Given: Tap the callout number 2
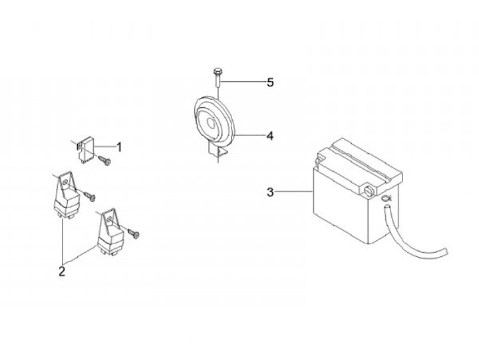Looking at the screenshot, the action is coord(62,271).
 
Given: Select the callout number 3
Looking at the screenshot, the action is coord(269,193).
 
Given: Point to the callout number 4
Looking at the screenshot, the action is coord(269,136).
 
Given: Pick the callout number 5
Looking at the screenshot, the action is coord(269,83).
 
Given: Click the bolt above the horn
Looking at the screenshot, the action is coord(218,81).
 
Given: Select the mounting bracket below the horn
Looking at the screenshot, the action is coord(218,152).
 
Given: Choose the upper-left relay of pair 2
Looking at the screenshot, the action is coord(65,196).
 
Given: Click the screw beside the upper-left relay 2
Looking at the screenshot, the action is coord(90,194).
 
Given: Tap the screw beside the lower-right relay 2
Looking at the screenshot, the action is coord(136,233).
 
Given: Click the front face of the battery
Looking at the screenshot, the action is coord(343,206).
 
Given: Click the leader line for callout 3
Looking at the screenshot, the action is coord(293,193).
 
